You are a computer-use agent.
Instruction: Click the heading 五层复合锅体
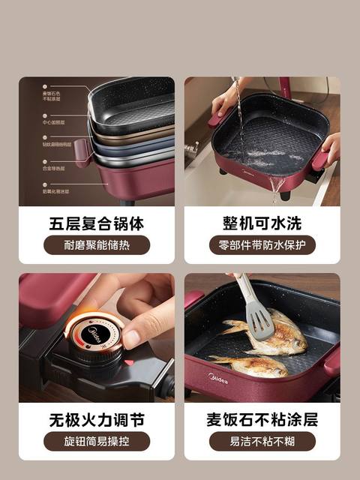96,223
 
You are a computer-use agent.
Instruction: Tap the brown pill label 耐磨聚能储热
96,245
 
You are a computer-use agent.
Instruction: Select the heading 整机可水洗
262,223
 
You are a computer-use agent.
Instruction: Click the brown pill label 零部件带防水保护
262,245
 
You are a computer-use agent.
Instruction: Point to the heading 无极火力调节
96,418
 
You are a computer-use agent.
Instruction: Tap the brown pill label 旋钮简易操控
96,441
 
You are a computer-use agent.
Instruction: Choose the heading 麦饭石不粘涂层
262,418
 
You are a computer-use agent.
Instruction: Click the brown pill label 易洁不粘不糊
262,441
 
